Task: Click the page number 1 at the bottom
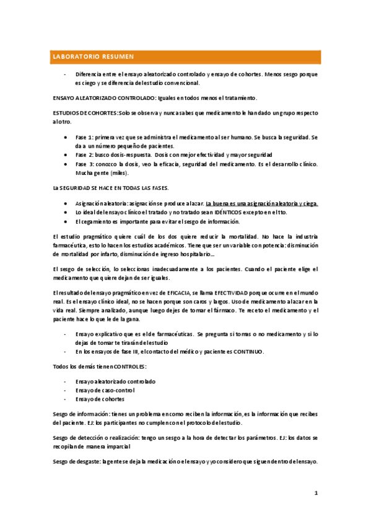(315, 493)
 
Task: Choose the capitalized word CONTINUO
(247, 352)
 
